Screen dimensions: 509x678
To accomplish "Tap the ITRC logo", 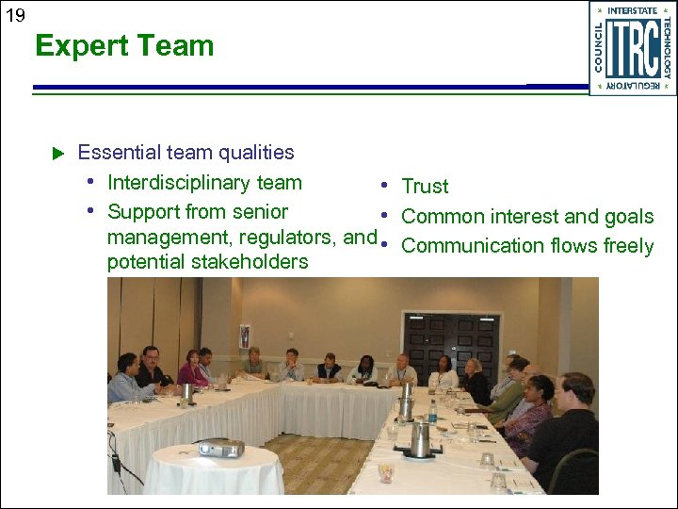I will [632, 48].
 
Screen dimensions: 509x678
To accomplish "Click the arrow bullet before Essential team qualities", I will [56, 153].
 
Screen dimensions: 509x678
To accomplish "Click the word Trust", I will [425, 187].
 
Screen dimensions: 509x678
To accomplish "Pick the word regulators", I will [290, 237].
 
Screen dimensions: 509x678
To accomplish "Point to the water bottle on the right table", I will [433, 411].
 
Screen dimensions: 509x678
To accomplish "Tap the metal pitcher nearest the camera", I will [419, 438].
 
